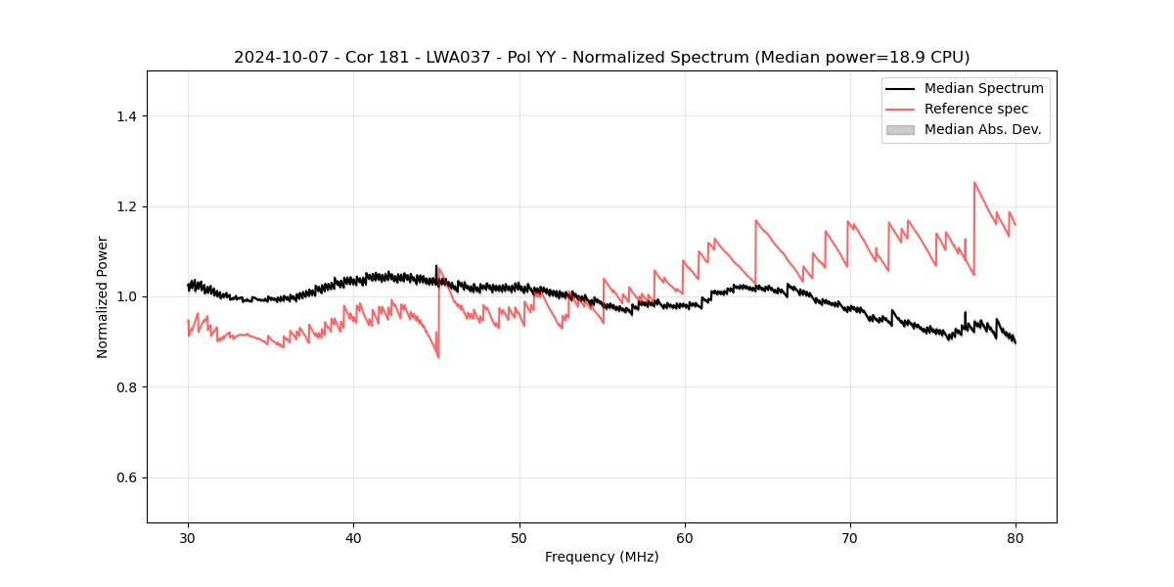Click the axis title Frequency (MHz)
[602, 557]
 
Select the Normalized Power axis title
[103, 296]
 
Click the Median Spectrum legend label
[983, 88]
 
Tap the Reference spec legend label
[975, 109]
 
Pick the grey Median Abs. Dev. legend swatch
[900, 129]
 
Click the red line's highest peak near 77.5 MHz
[974, 182]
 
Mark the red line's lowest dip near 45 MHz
[438, 357]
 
